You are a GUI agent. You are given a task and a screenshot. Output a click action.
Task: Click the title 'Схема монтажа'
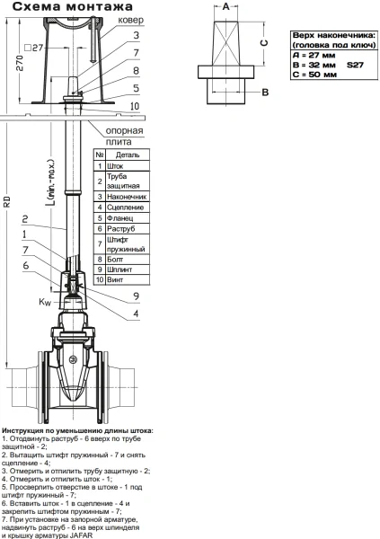click(72, 6)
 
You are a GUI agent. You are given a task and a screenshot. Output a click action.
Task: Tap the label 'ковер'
click(130, 20)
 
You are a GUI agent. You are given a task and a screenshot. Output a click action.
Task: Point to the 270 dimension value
click(20, 63)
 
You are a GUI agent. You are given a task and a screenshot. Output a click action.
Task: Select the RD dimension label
click(7, 202)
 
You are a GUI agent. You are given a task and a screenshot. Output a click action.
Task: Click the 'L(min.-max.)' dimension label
click(50, 181)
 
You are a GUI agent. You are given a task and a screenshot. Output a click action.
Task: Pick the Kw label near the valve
click(45, 302)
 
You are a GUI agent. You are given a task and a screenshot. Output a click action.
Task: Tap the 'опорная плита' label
click(124, 137)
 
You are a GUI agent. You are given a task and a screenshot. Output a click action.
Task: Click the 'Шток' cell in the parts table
click(115, 166)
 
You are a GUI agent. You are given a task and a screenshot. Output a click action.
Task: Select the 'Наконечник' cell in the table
click(127, 197)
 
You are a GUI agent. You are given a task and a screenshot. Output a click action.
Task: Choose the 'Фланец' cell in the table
click(119, 218)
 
